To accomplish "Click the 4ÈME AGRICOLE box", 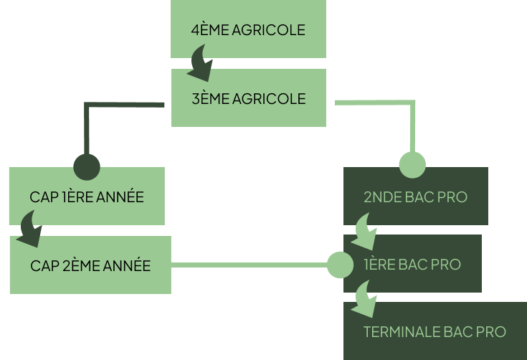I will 248,30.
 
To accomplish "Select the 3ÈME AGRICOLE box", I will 248,98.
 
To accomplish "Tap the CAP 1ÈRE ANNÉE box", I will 87,196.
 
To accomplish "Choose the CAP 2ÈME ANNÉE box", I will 90,265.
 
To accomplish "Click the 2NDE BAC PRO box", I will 416,196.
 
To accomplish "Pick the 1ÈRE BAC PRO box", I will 412,264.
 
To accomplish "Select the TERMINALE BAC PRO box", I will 435,331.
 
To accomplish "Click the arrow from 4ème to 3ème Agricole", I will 201,64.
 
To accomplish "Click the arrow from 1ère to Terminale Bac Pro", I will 366,298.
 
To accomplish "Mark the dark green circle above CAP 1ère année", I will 87,166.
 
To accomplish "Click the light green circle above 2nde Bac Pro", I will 412,165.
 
